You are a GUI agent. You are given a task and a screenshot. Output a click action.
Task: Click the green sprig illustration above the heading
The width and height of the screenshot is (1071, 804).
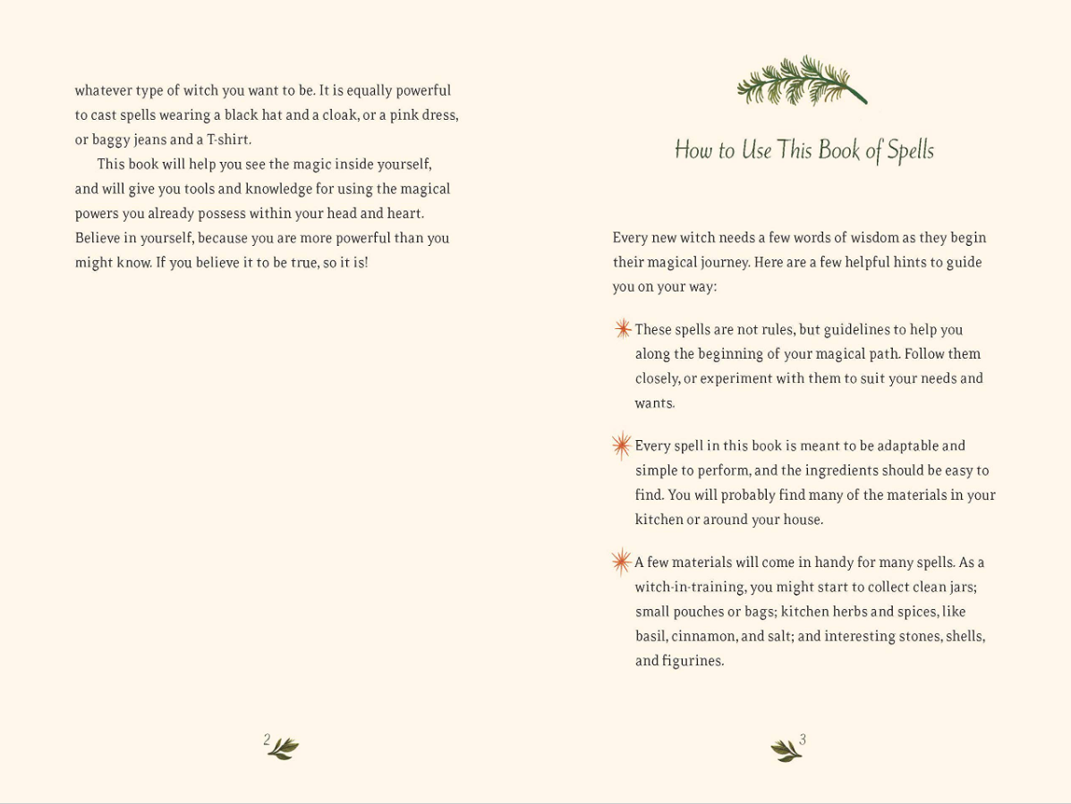(801, 80)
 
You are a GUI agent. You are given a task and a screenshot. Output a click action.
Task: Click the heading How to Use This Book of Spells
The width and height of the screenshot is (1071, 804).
(803, 150)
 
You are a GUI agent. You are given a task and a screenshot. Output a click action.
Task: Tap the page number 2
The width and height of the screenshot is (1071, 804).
(267, 740)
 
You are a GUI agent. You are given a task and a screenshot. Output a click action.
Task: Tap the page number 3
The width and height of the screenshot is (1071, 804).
(803, 740)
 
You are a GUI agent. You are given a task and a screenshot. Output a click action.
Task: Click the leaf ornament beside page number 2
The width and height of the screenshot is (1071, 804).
(285, 749)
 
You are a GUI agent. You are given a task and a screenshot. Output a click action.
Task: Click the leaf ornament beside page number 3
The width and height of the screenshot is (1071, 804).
(785, 750)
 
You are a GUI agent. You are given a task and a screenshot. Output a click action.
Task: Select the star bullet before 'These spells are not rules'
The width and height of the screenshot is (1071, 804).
(623, 329)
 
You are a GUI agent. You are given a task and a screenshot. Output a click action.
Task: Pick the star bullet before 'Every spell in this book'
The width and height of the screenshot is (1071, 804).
(622, 445)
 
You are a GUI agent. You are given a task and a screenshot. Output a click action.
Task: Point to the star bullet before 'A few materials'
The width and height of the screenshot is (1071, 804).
(622, 562)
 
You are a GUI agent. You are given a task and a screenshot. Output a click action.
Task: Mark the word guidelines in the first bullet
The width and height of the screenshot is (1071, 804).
(857, 329)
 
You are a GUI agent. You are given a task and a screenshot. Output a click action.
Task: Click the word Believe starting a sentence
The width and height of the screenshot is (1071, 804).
(101, 238)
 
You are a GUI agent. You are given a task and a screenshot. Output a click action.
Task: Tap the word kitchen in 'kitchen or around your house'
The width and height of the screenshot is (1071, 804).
(658, 520)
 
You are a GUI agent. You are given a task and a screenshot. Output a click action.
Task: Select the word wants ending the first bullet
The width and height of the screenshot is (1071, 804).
(654, 403)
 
